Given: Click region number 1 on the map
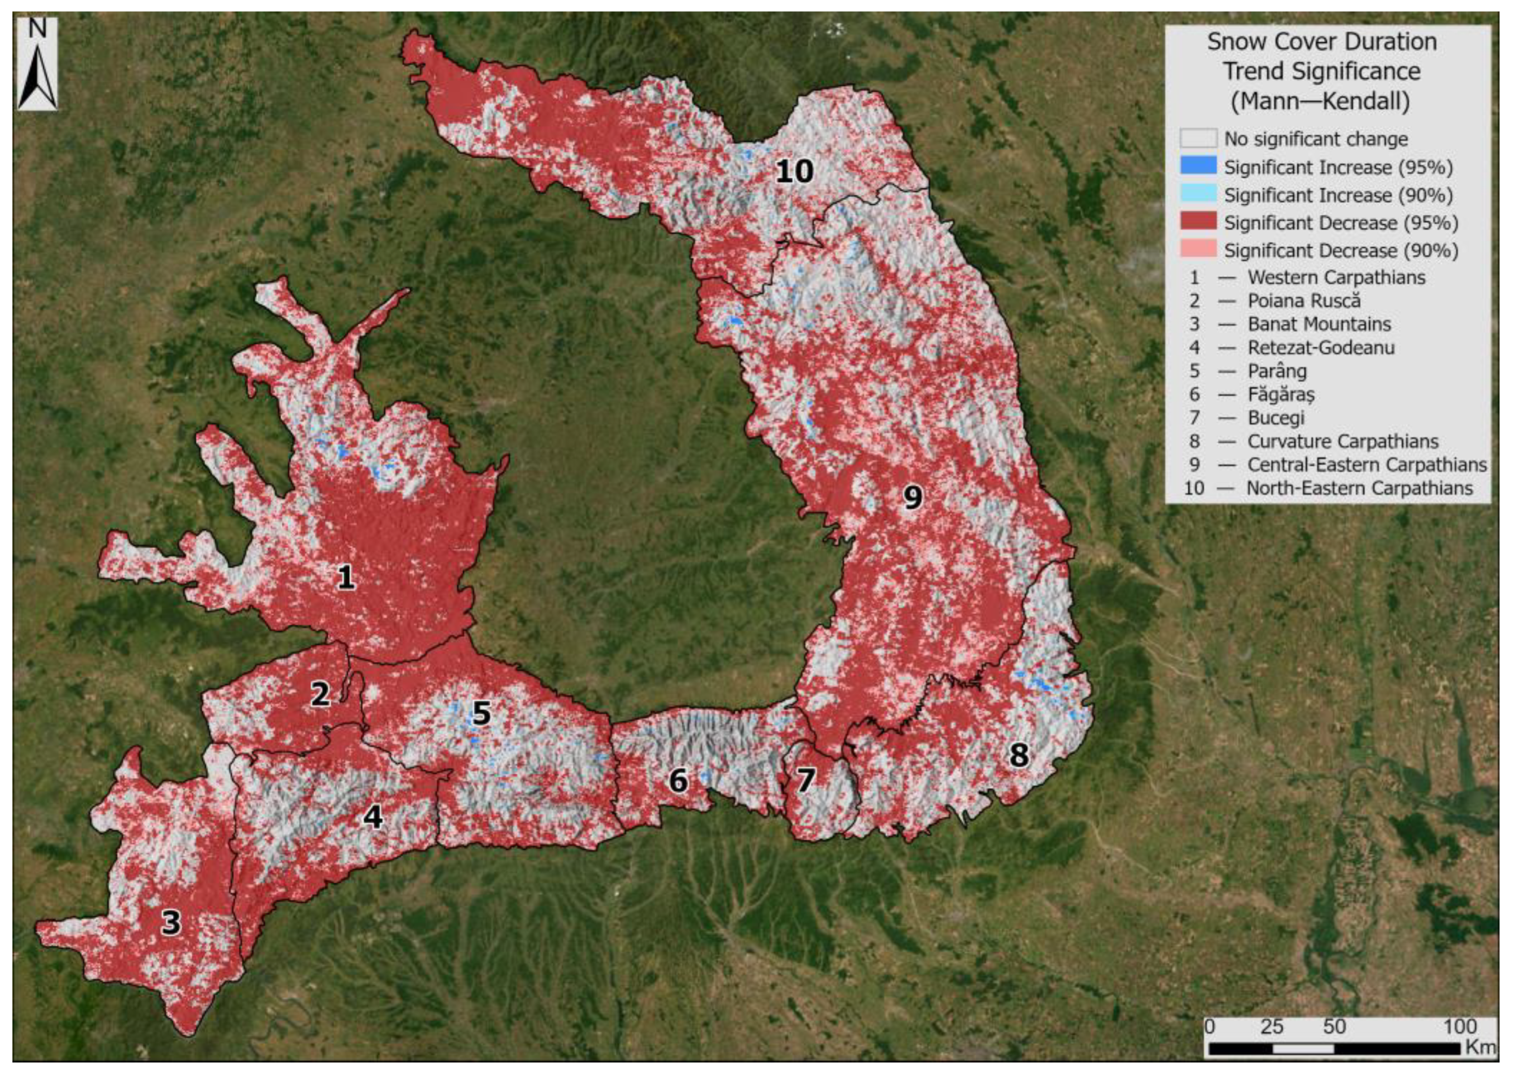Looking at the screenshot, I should [346, 578].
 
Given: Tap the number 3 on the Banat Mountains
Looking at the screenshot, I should [171, 922].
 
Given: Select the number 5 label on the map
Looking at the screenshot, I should [481, 713].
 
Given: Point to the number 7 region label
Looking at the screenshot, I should [805, 781].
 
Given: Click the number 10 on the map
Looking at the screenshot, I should [794, 172].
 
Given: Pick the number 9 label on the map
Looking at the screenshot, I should [913, 496].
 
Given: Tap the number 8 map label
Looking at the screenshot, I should [1019, 755].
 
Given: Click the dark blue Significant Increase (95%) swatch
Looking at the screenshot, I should [1198, 167].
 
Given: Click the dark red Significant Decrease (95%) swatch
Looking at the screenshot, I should [1198, 223].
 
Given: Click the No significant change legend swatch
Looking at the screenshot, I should [1198, 139].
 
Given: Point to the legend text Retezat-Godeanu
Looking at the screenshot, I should [1321, 347].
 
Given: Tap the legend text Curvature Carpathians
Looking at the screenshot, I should [1342, 441].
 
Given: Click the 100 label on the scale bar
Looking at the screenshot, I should [1459, 1027].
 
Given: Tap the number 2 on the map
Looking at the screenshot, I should [320, 695].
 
